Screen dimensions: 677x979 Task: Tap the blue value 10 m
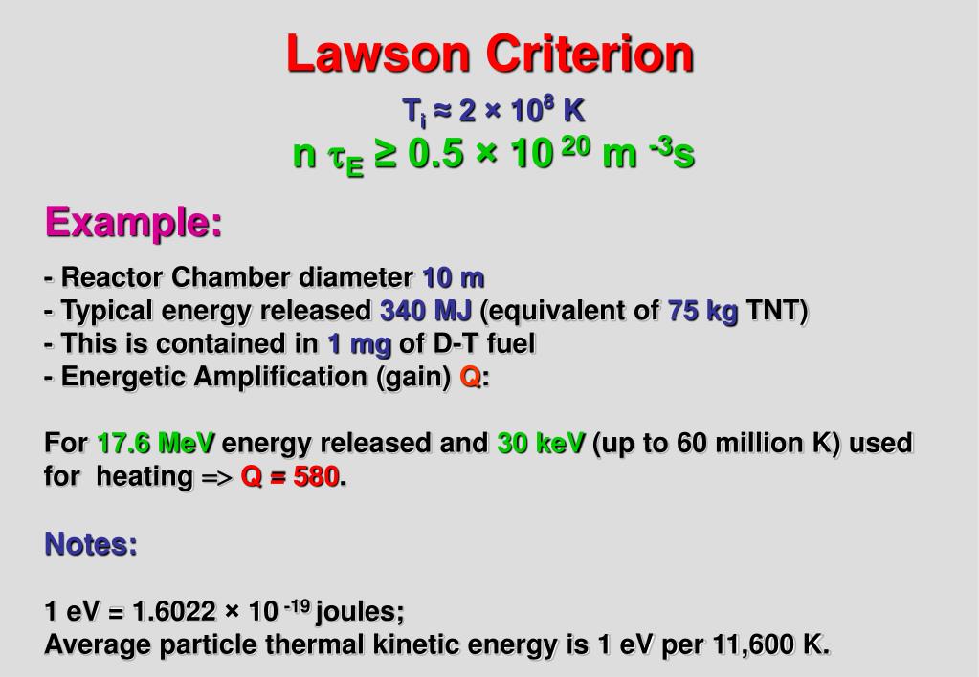(x=454, y=278)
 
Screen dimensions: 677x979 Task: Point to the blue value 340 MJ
(x=426, y=312)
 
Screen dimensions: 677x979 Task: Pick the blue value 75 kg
(x=703, y=312)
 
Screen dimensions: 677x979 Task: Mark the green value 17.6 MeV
(x=157, y=444)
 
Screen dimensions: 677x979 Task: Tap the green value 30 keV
(x=541, y=444)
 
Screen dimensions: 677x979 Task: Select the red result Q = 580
(x=290, y=477)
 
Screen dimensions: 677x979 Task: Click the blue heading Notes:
(x=92, y=545)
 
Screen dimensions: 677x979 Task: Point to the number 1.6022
(x=179, y=612)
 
